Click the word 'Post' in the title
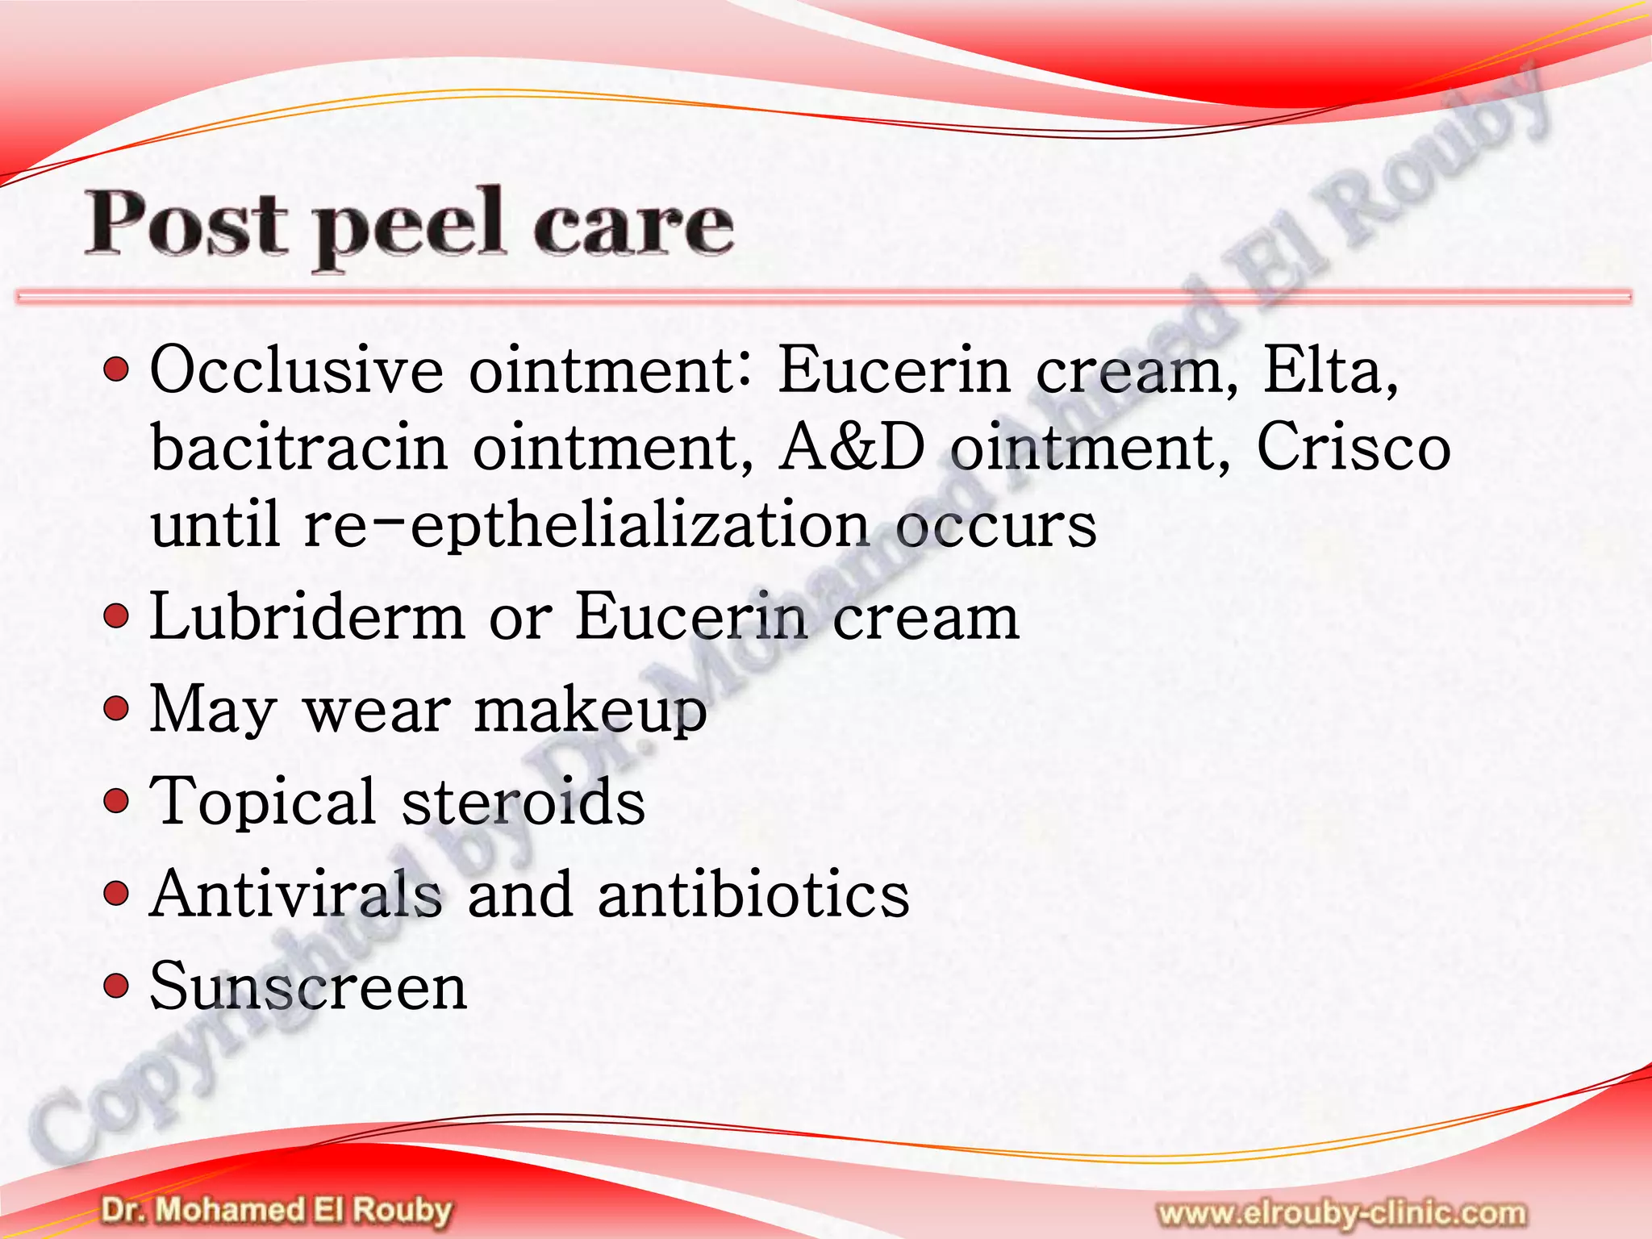(x=186, y=223)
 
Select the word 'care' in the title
(x=633, y=225)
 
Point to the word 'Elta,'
(x=1331, y=370)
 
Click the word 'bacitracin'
(x=299, y=447)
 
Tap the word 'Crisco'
(x=1354, y=447)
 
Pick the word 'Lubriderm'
(x=307, y=617)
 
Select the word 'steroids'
(x=524, y=803)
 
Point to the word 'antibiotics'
(x=753, y=895)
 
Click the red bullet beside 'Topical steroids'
(x=117, y=802)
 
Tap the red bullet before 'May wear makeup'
(x=117, y=710)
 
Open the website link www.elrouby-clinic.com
(x=1341, y=1213)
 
